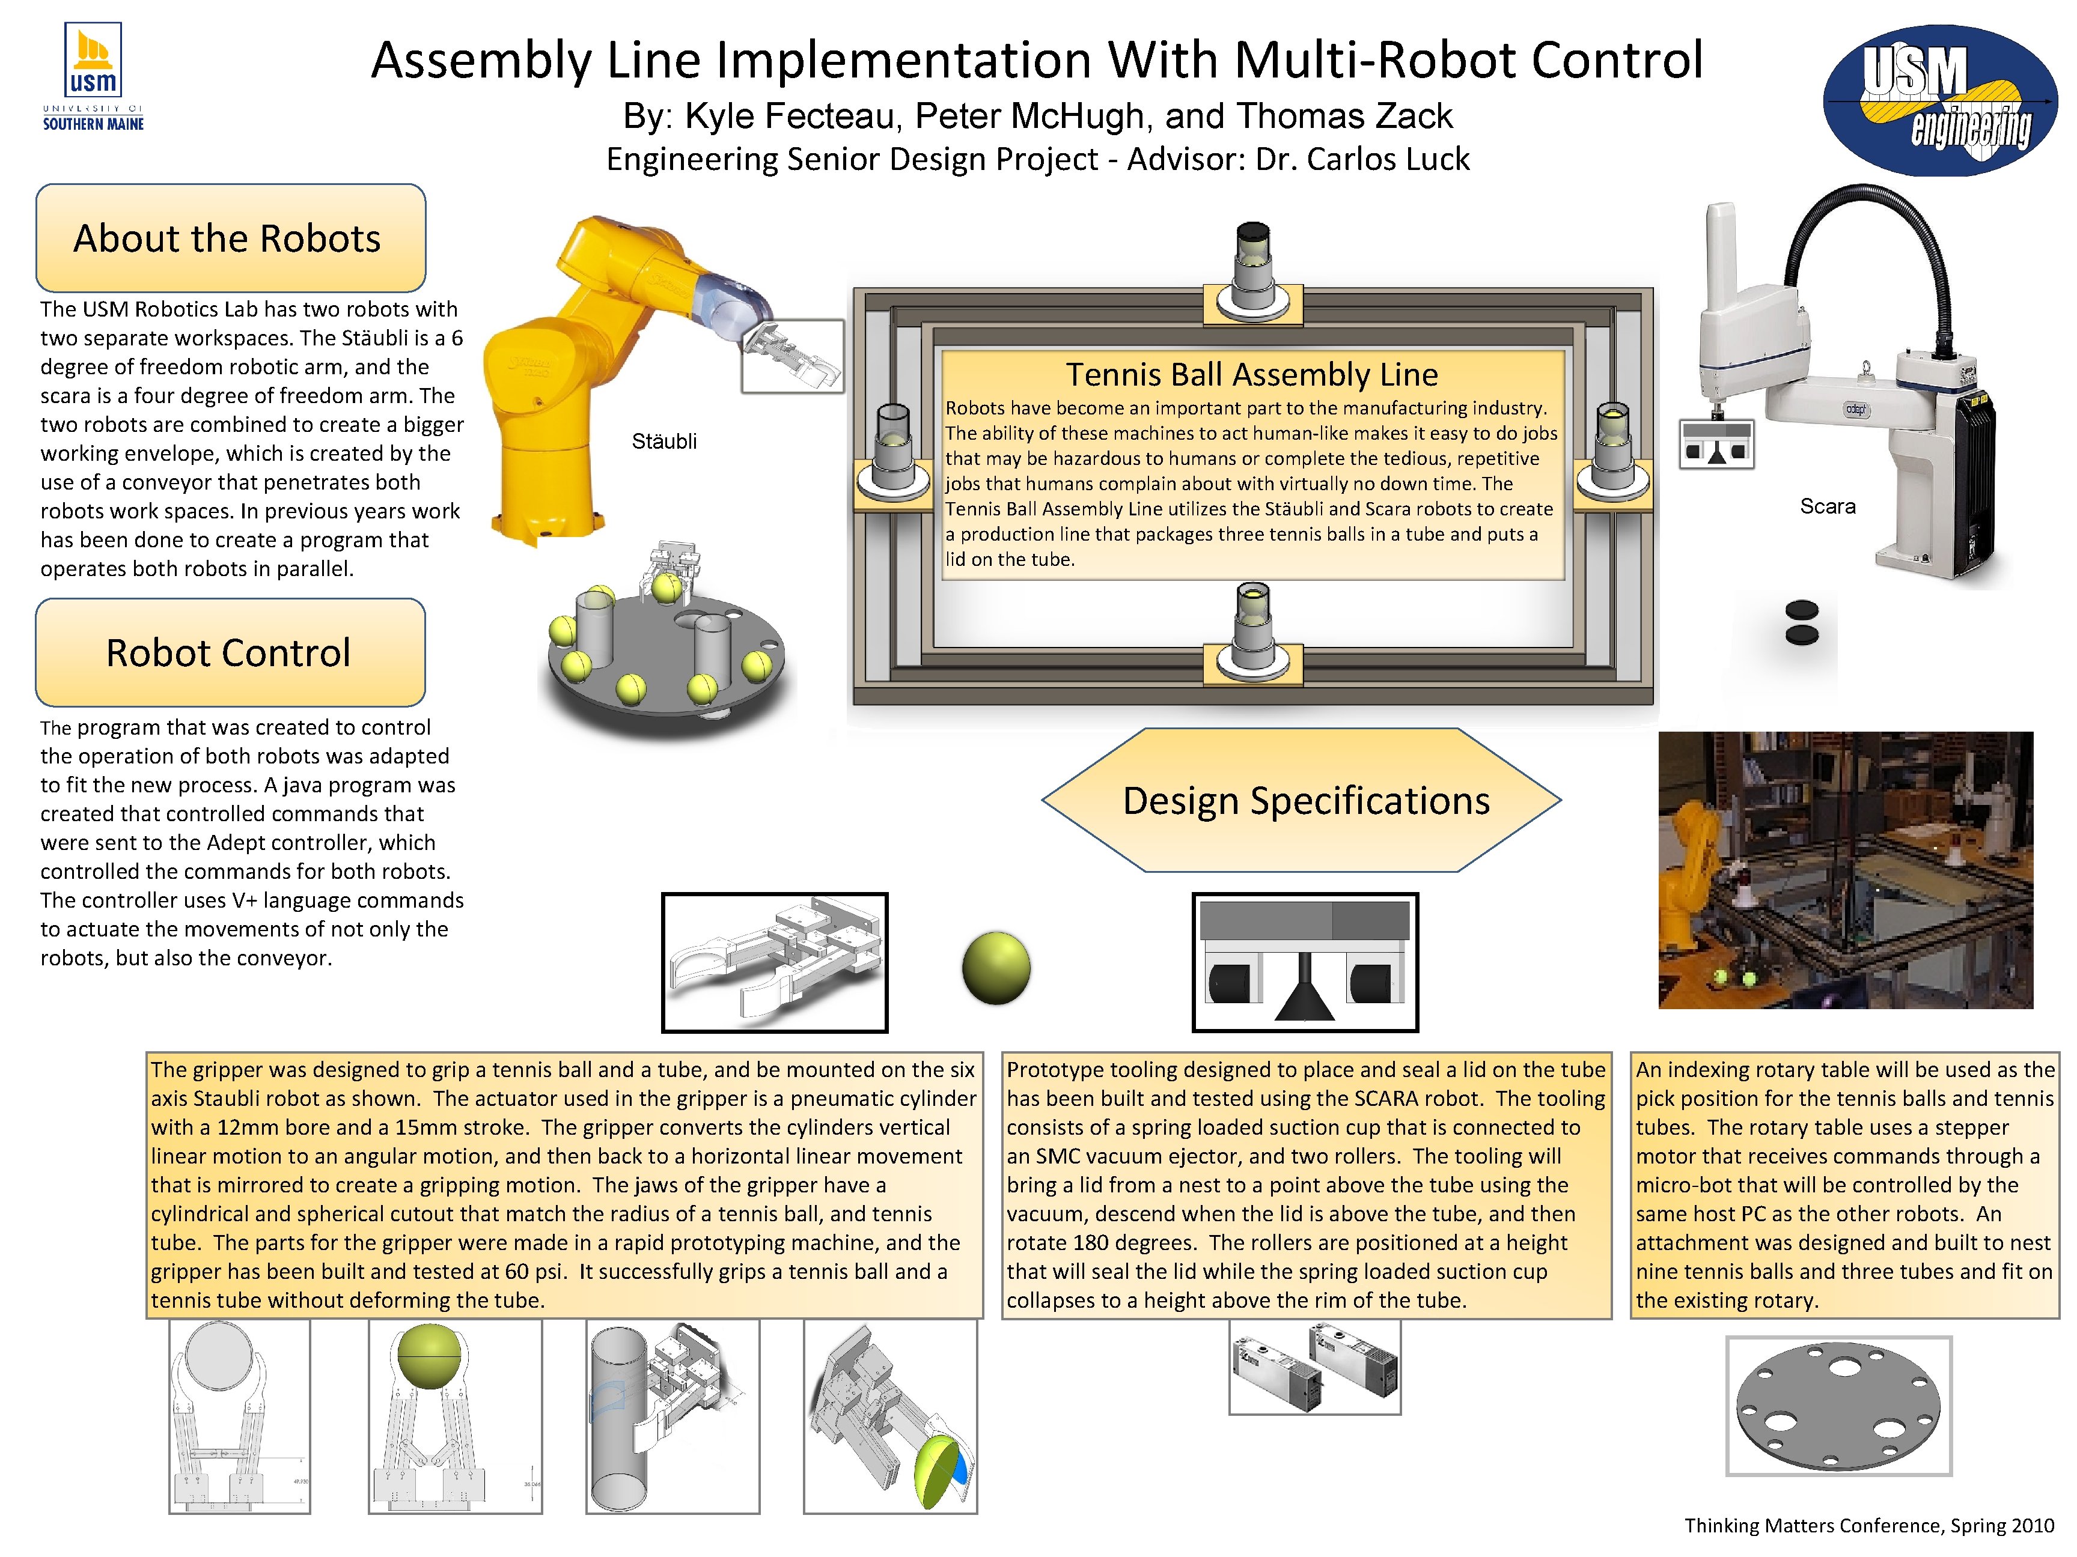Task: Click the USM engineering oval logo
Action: (1940, 100)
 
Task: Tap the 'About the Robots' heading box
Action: (230, 238)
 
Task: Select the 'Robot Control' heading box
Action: (230, 652)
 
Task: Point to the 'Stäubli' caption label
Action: (664, 441)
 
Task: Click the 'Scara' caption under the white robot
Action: (1826, 507)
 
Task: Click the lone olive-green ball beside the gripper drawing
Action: (996, 968)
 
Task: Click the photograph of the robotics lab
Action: (1844, 870)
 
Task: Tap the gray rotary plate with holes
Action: (1838, 1406)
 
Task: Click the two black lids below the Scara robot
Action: (1801, 622)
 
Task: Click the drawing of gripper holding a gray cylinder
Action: (673, 1416)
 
